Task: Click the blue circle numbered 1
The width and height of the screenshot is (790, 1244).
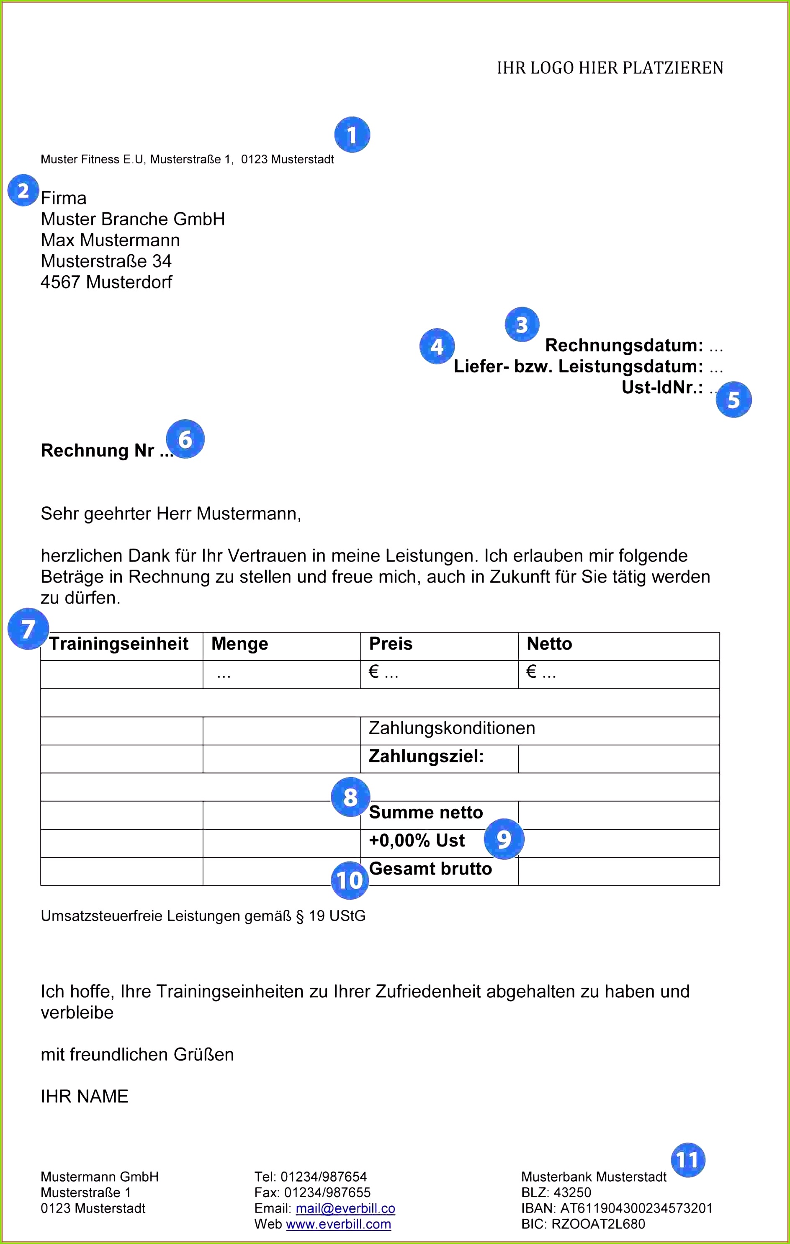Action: [x=352, y=135]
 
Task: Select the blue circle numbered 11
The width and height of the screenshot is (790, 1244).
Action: [x=688, y=1160]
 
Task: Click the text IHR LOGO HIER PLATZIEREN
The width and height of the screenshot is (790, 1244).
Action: [x=610, y=68]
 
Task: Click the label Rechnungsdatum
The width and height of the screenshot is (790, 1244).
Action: [x=624, y=345]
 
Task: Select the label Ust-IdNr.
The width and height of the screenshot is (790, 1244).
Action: [x=662, y=387]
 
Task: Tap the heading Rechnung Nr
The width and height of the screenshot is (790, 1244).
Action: [x=98, y=451]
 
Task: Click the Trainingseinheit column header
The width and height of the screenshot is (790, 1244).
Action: [x=119, y=644]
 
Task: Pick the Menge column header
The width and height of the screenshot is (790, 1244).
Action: [x=239, y=644]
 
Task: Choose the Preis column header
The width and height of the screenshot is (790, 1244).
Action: [x=391, y=644]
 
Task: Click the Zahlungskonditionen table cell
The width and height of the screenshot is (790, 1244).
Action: [x=452, y=728]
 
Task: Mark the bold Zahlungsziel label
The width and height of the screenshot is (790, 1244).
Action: [x=427, y=757]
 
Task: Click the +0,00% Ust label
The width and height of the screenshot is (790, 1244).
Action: [x=417, y=841]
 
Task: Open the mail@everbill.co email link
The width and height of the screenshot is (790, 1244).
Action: [x=345, y=1208]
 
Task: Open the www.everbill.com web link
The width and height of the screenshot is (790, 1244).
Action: [x=338, y=1224]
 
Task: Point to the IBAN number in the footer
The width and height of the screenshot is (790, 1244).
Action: [x=636, y=1208]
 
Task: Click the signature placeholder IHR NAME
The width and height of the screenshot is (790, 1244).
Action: [x=85, y=1096]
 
